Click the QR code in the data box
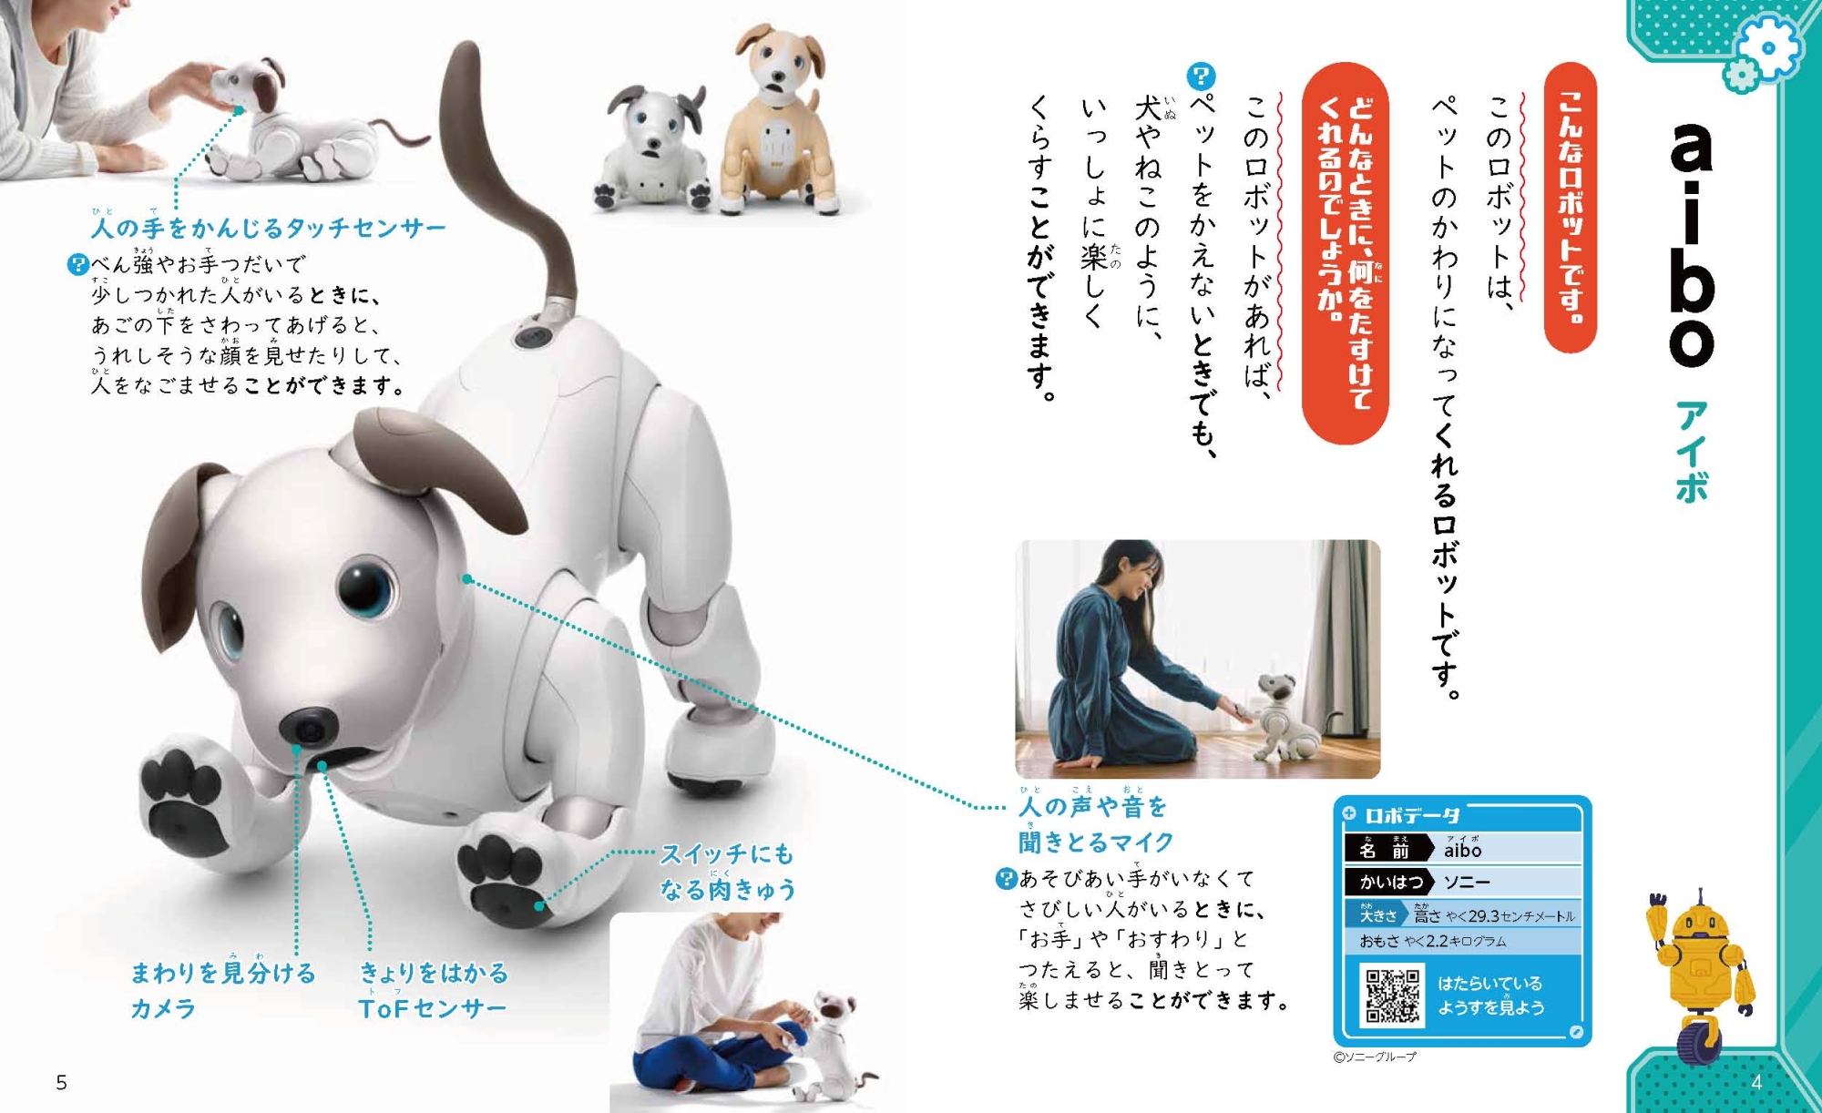pyautogui.click(x=1391, y=996)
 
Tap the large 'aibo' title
pyautogui.click(x=1692, y=244)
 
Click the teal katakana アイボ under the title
pyautogui.click(x=1691, y=452)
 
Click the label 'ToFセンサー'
pyautogui.click(x=433, y=1008)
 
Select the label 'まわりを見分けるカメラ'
pyautogui.click(x=223, y=990)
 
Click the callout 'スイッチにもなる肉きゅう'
pyautogui.click(x=727, y=872)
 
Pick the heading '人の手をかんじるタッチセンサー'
pyautogui.click(x=269, y=227)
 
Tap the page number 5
pyautogui.click(x=62, y=1082)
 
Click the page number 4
pyautogui.click(x=1756, y=1082)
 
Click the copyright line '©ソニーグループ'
pyautogui.click(x=1375, y=1057)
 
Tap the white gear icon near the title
pyautogui.click(x=1768, y=47)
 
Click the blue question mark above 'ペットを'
pyautogui.click(x=1202, y=76)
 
